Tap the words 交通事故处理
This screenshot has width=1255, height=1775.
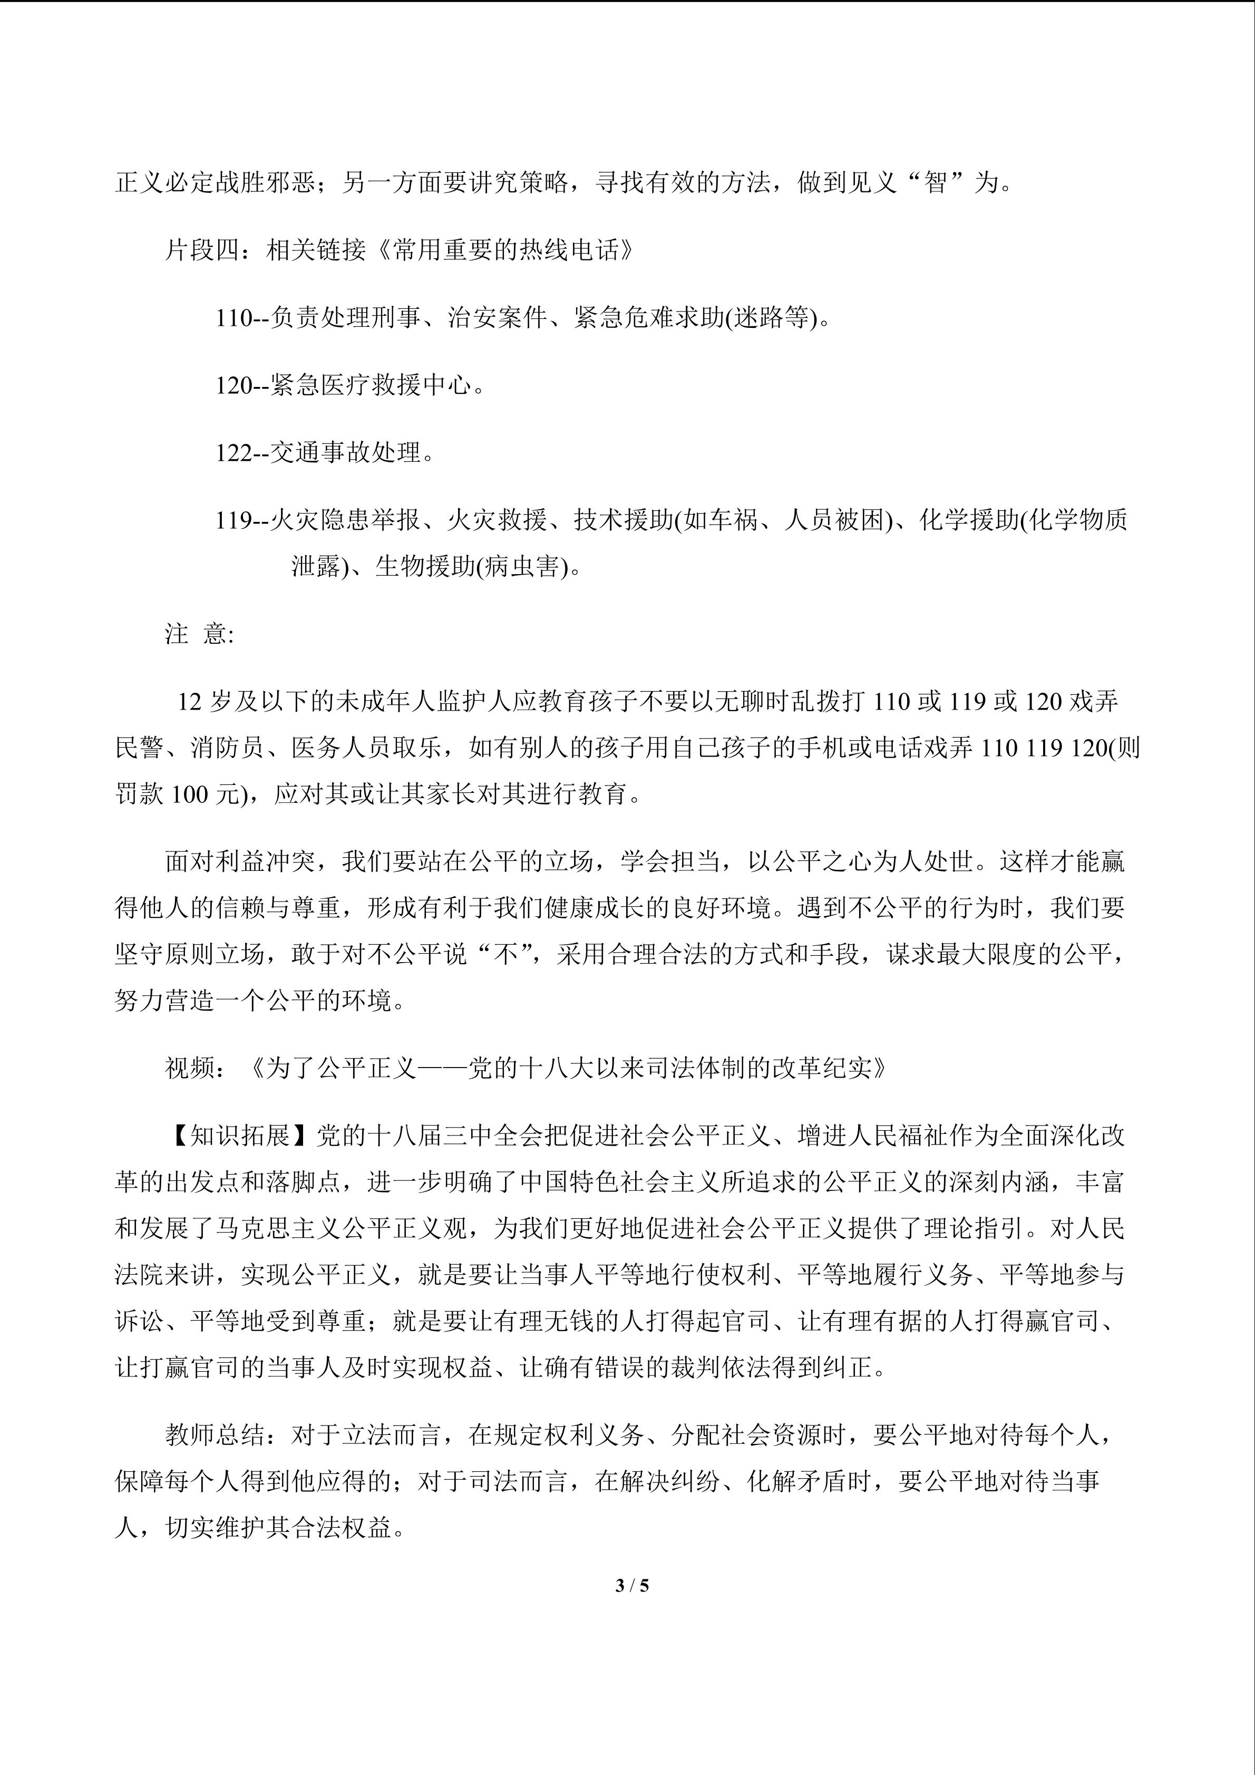point(346,453)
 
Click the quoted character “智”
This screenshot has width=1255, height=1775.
point(937,183)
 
